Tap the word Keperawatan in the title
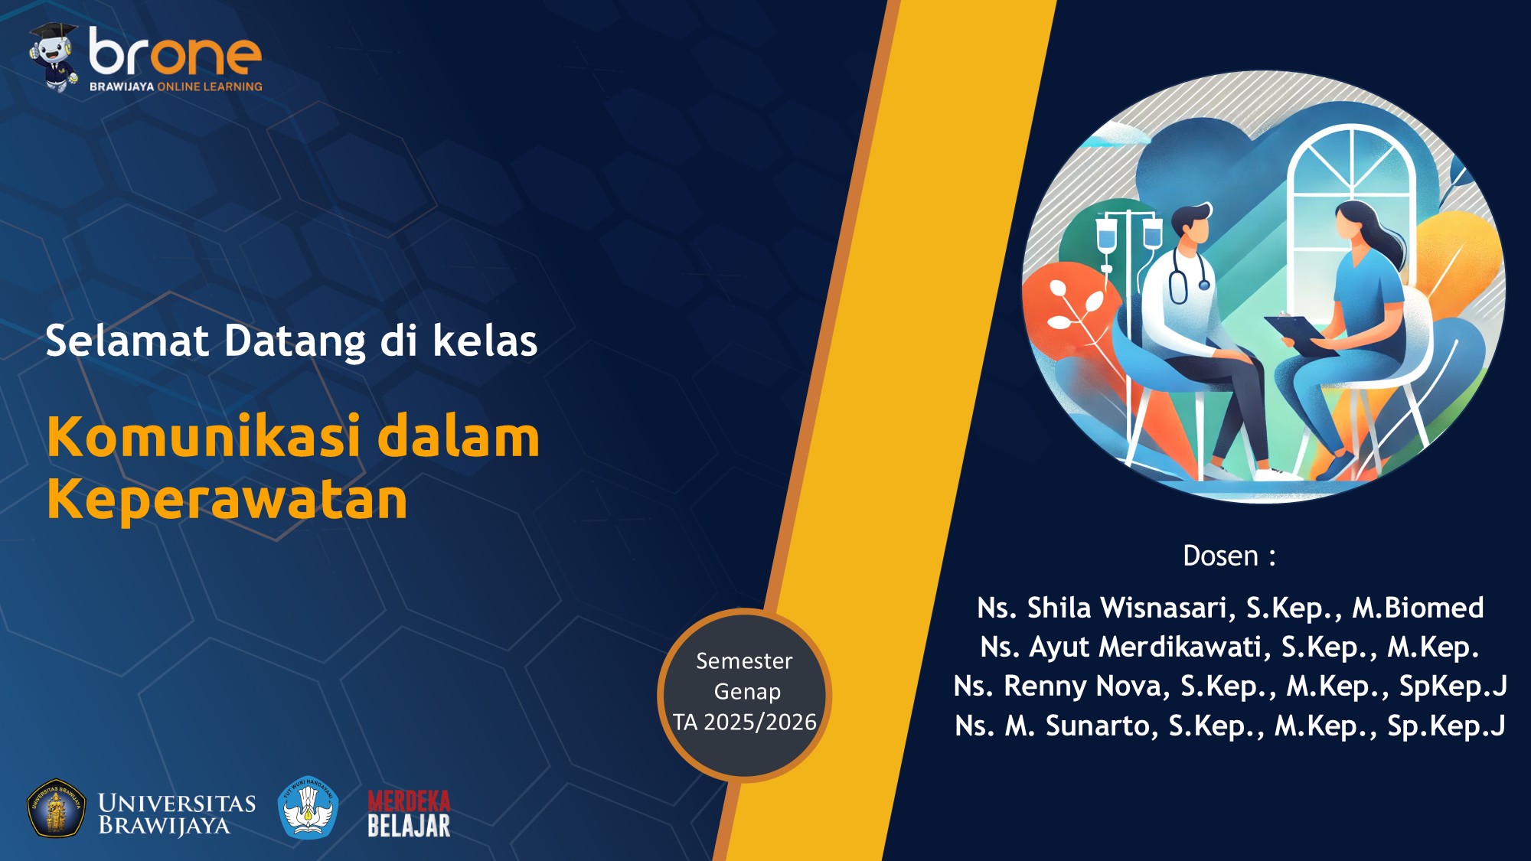click(x=227, y=500)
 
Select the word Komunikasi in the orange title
click(x=203, y=437)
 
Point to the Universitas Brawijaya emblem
click(x=56, y=808)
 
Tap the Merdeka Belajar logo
click(x=409, y=813)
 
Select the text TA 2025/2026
click(x=745, y=722)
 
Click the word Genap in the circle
click(x=747, y=691)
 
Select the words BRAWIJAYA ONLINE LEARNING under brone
click(x=175, y=86)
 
